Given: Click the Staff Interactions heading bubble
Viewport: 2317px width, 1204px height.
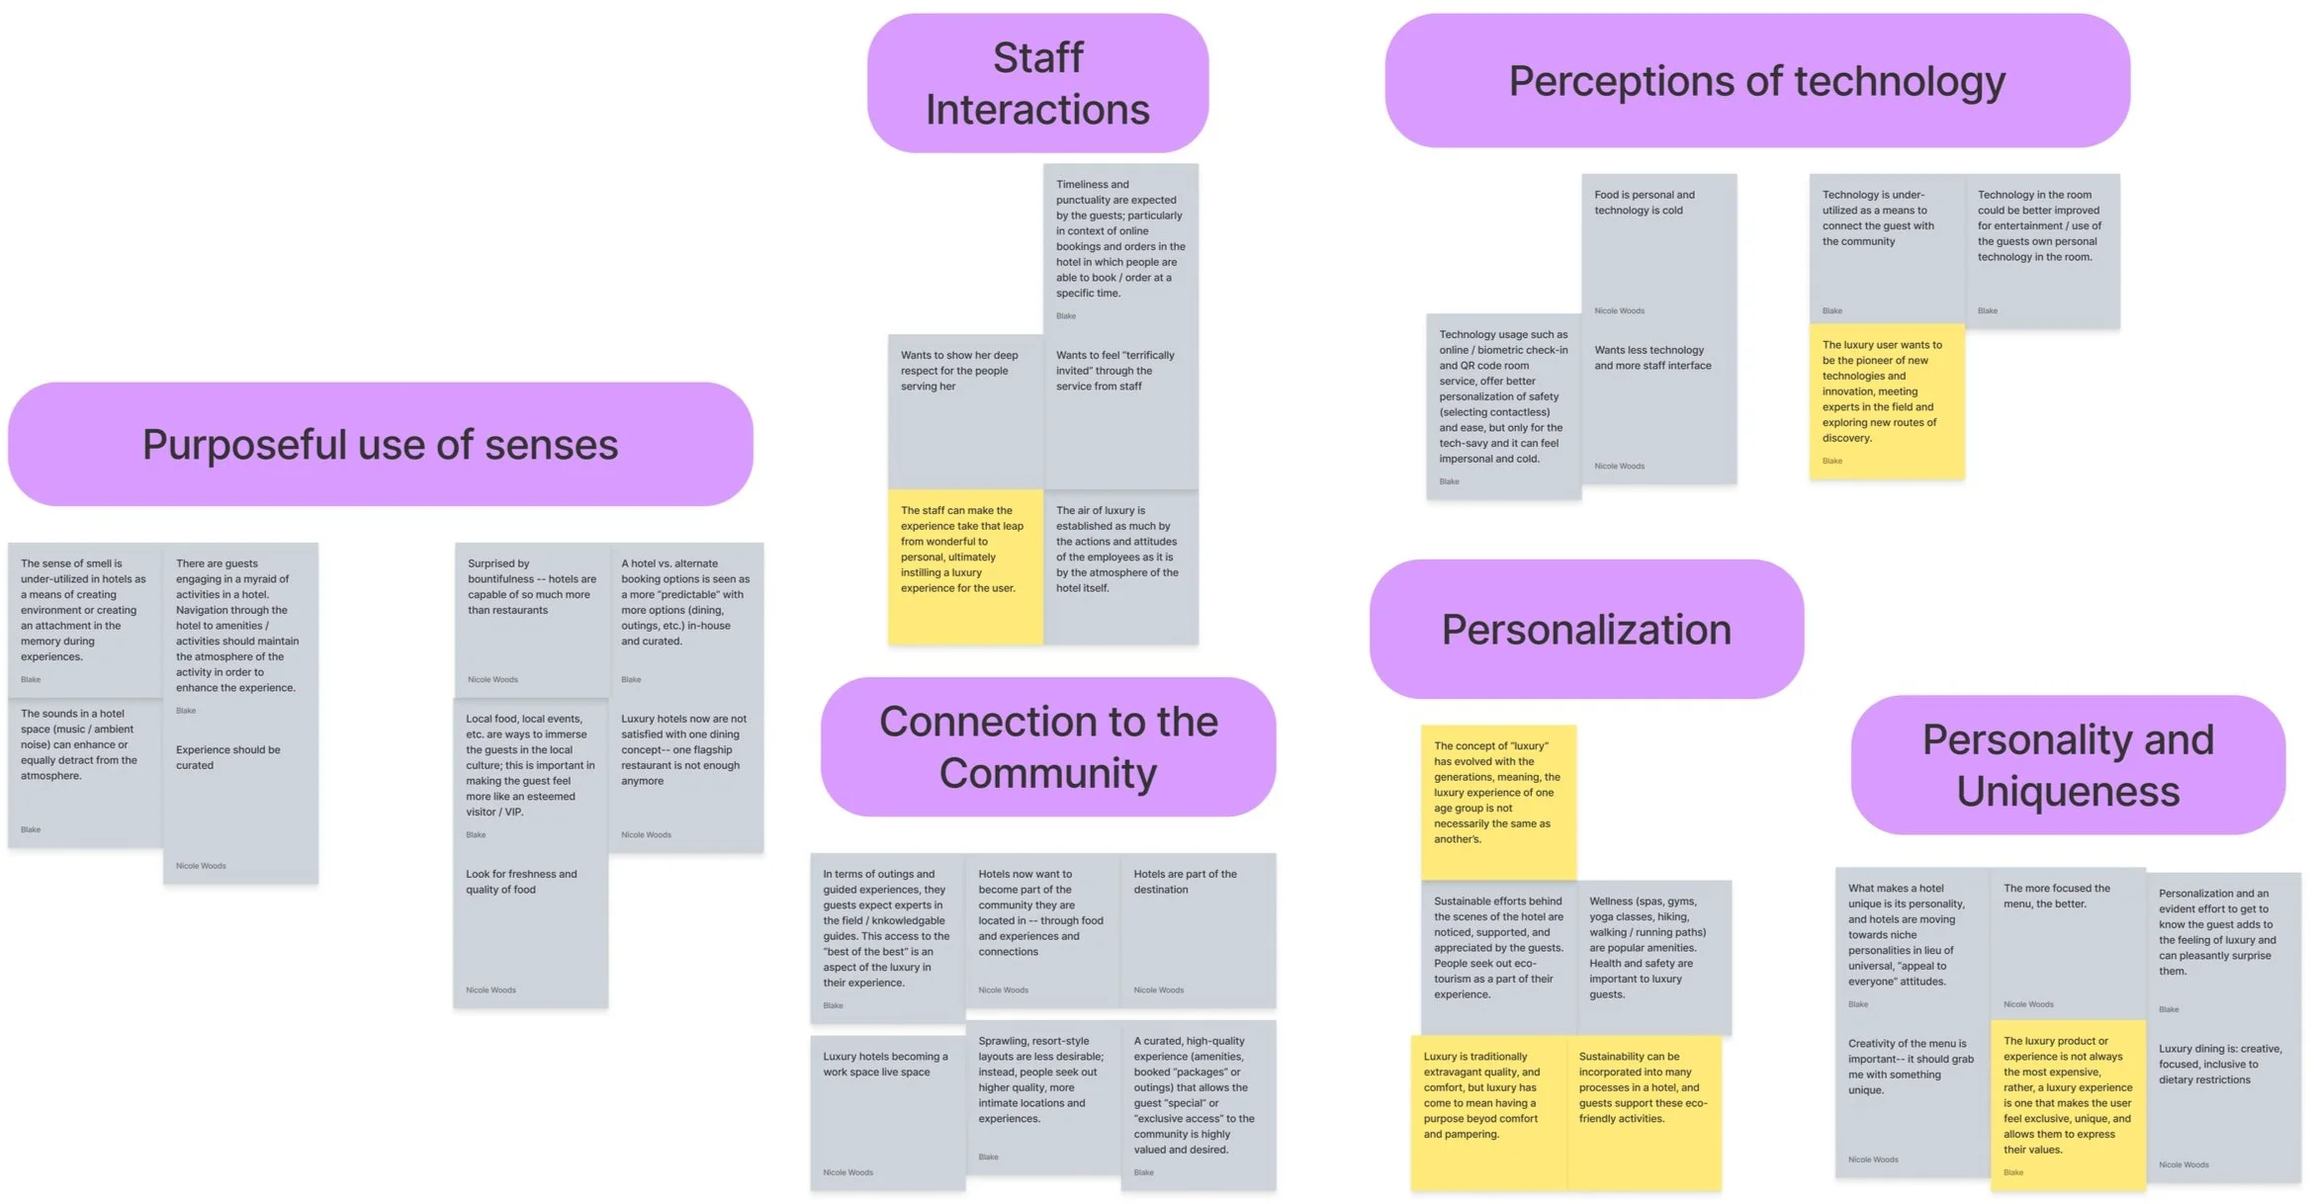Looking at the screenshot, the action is (x=1037, y=83).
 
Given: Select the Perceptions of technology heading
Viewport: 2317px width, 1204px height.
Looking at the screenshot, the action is (x=1756, y=81).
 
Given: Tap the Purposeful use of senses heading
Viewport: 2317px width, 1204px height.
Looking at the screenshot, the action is (x=380, y=445).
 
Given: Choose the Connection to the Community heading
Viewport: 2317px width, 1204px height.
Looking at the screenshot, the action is (x=1047, y=747).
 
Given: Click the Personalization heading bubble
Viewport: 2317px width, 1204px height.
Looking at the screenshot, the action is (x=1586, y=630).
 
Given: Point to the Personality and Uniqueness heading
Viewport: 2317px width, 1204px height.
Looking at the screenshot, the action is (x=2067, y=765).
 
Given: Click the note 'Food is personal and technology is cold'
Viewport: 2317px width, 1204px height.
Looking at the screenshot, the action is (x=1658, y=247).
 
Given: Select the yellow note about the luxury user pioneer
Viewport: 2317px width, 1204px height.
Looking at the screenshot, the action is (x=1886, y=401).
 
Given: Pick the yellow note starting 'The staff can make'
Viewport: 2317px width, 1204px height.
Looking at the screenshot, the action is (x=964, y=566).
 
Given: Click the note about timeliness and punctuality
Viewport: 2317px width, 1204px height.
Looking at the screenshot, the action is (x=1120, y=247).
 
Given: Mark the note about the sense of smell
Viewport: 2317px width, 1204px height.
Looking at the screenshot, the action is (x=85, y=619).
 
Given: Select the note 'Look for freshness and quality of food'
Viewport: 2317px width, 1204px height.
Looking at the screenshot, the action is (x=530, y=929).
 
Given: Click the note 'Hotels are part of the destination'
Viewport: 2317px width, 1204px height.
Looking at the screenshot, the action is (x=1198, y=929).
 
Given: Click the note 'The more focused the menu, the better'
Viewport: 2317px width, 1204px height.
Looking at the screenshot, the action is (x=2067, y=944).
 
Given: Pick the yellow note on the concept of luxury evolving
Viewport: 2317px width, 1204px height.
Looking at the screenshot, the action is (x=1497, y=802).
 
